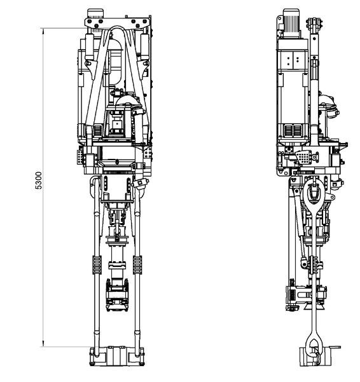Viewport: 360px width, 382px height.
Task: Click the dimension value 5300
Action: point(39,181)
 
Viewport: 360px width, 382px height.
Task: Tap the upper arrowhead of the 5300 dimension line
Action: point(43,31)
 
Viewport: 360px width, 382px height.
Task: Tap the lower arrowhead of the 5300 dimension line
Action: point(43,343)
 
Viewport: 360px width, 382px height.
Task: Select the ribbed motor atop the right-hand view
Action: point(291,24)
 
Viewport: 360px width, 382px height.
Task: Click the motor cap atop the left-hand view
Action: point(95,13)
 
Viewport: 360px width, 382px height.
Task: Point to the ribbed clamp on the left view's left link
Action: point(97,265)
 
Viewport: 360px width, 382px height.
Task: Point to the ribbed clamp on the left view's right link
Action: point(137,265)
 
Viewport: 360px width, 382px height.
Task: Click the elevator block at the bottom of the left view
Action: point(117,356)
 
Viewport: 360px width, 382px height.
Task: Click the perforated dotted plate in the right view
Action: point(303,158)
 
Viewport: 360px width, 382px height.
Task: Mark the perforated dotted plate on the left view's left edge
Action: point(80,157)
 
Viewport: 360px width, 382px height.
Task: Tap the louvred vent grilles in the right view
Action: point(293,130)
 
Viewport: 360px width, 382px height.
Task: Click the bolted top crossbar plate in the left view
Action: point(118,23)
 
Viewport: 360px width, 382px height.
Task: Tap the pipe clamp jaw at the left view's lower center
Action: point(117,296)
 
